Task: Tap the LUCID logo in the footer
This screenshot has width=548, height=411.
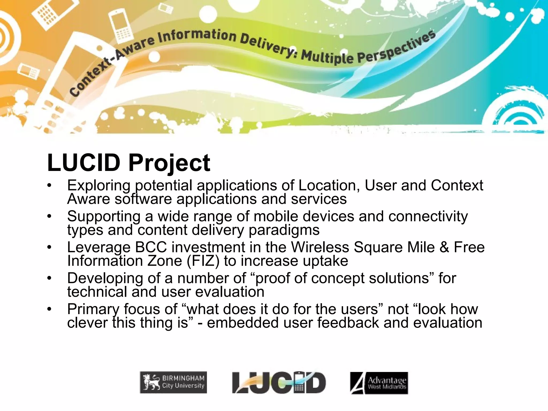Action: pyautogui.click(x=279, y=382)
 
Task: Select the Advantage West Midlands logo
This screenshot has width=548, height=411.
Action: pyautogui.click(x=379, y=383)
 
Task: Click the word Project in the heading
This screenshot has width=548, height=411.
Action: pyautogui.click(x=169, y=163)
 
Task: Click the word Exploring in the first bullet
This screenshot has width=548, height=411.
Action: pyautogui.click(x=99, y=186)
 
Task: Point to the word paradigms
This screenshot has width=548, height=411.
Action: pyautogui.click(x=284, y=230)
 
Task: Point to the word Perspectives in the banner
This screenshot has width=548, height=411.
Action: pyautogui.click(x=396, y=50)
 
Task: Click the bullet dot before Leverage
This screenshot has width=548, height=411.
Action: pyautogui.click(x=49, y=247)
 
